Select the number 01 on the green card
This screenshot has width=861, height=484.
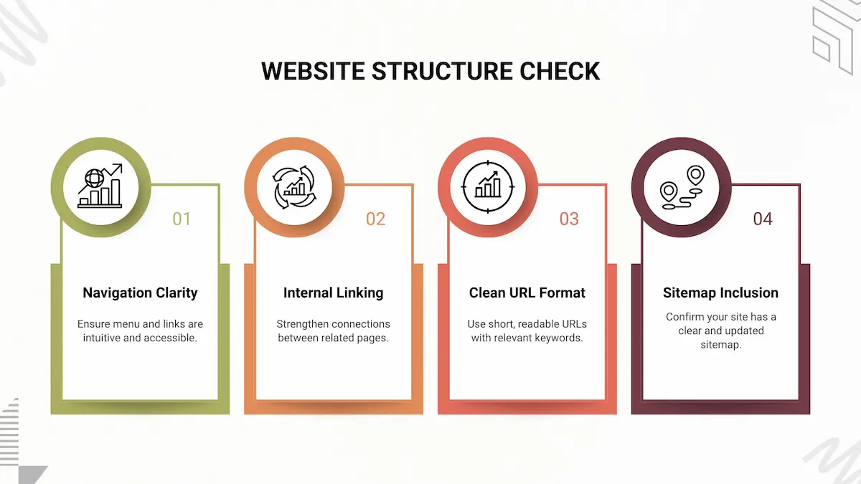click(x=182, y=219)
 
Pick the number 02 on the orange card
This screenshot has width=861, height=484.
click(x=375, y=219)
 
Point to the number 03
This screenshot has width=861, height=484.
click(x=569, y=219)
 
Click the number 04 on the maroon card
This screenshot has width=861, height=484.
click(x=763, y=219)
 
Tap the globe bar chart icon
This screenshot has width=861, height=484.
click(x=100, y=186)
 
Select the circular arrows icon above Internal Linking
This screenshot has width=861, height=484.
click(x=294, y=186)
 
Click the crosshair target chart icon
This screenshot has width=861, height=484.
click(x=488, y=186)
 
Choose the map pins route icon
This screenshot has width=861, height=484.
click(x=682, y=186)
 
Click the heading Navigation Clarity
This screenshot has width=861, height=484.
click(x=140, y=293)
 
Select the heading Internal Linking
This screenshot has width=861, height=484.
click(x=333, y=293)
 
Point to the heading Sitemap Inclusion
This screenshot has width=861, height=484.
click(x=720, y=293)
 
